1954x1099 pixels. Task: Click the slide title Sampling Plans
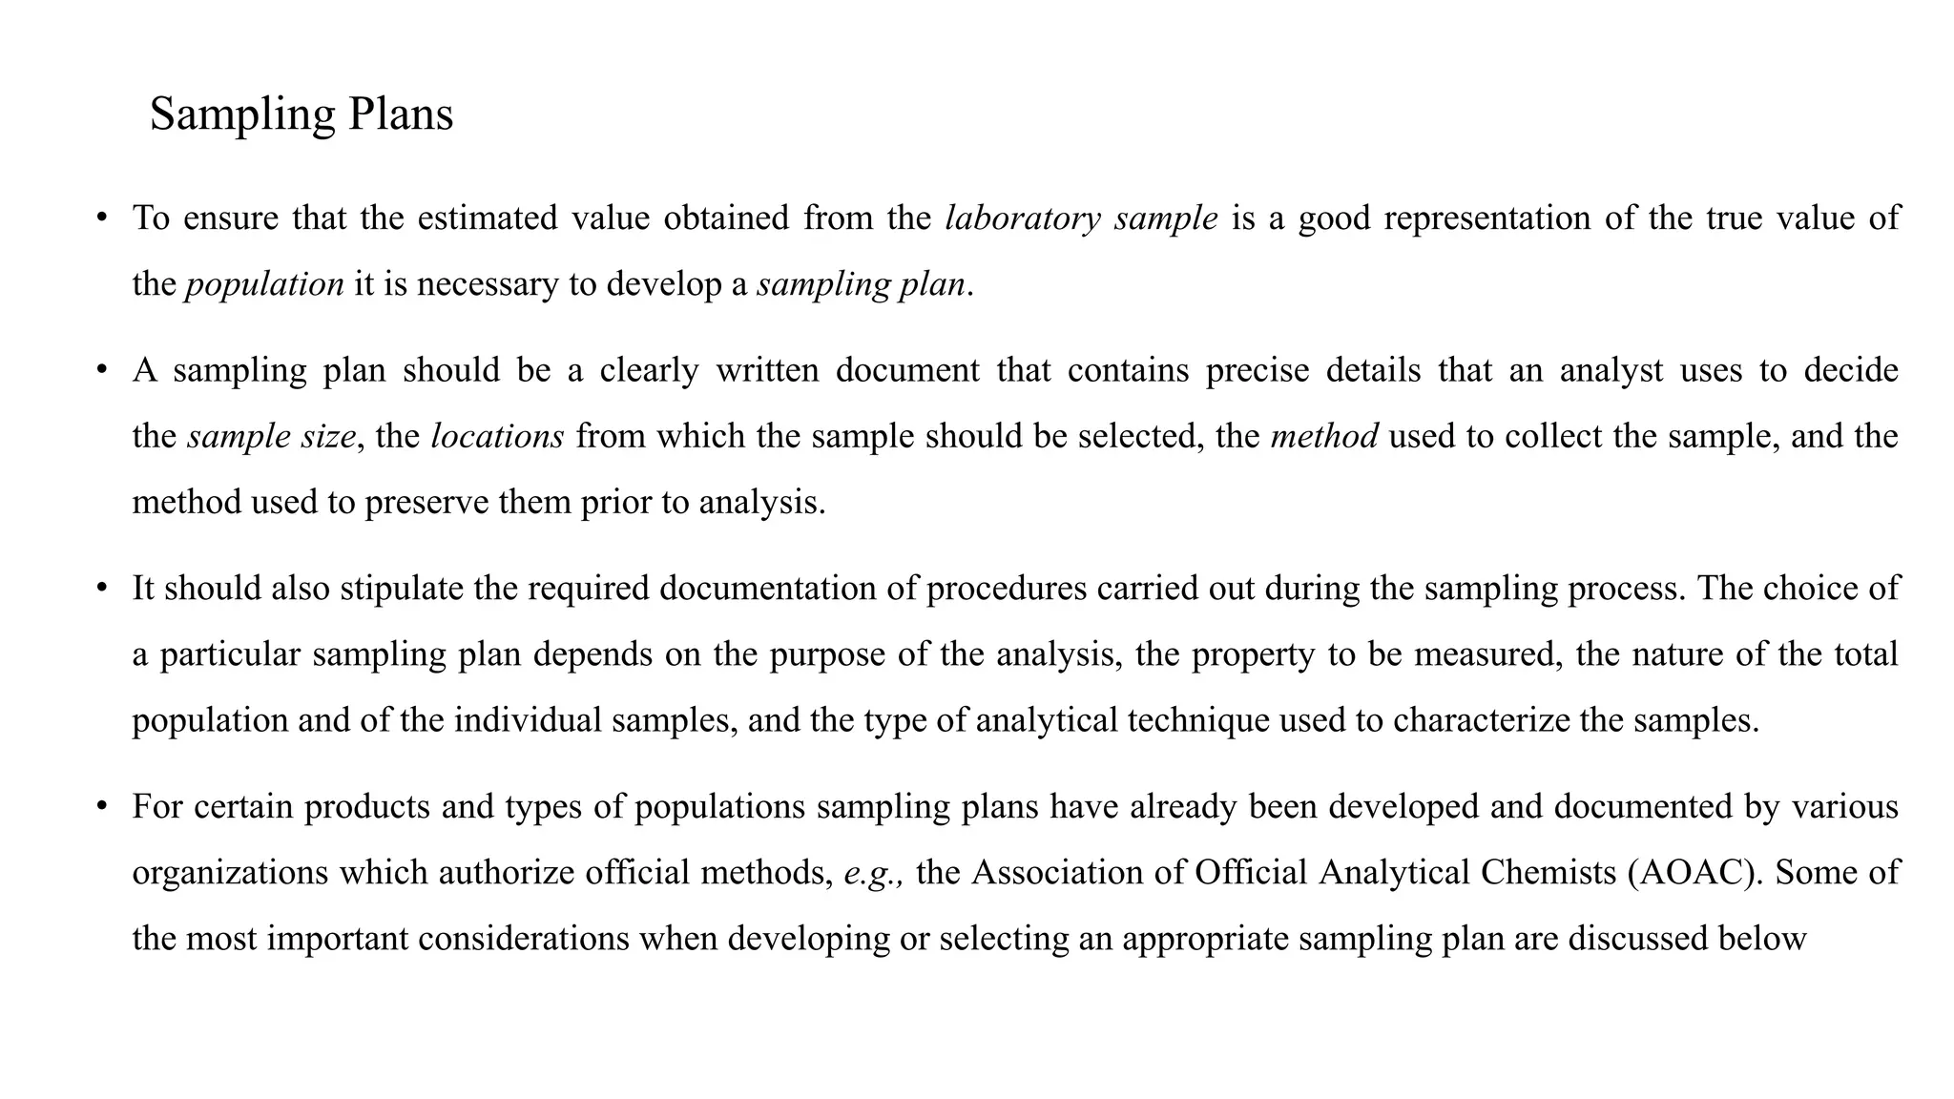[x=301, y=114]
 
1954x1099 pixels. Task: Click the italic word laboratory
[x=1022, y=218]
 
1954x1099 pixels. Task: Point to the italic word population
[x=264, y=284]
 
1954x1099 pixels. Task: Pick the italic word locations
[x=497, y=436]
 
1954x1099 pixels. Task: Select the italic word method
[x=1323, y=436]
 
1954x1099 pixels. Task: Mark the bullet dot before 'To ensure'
[x=101, y=218]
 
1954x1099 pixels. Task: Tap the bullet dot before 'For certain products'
[x=101, y=807]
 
